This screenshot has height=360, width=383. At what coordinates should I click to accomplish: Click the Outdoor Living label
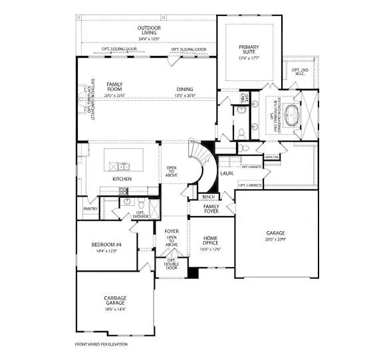pyautogui.click(x=150, y=31)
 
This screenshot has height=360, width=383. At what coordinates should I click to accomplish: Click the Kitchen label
pyautogui.click(x=122, y=179)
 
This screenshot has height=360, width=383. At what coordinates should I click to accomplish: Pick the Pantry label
pyautogui.click(x=90, y=209)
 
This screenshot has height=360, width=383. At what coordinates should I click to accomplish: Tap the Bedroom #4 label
pyautogui.click(x=106, y=248)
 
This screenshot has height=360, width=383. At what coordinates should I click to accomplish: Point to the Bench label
pyautogui.click(x=207, y=197)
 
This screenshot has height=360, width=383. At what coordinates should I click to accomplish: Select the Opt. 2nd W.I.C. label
pyautogui.click(x=301, y=72)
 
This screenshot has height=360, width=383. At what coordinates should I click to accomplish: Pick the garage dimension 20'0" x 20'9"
pyautogui.click(x=276, y=240)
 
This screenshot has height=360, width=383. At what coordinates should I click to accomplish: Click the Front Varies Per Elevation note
pyautogui.click(x=100, y=345)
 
